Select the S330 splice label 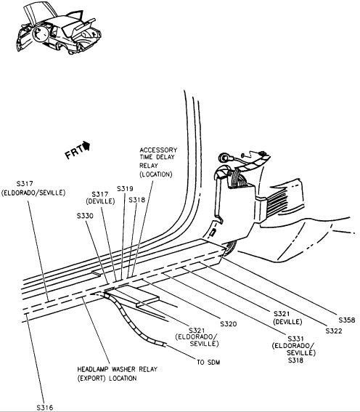(x=85, y=216)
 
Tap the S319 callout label (x=123, y=189)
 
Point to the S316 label (x=45, y=407)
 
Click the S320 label (x=228, y=323)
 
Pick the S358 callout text (x=348, y=320)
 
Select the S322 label (x=334, y=331)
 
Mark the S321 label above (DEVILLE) (x=283, y=312)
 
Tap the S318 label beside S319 (x=137, y=200)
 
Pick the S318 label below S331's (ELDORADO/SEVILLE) (x=295, y=360)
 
